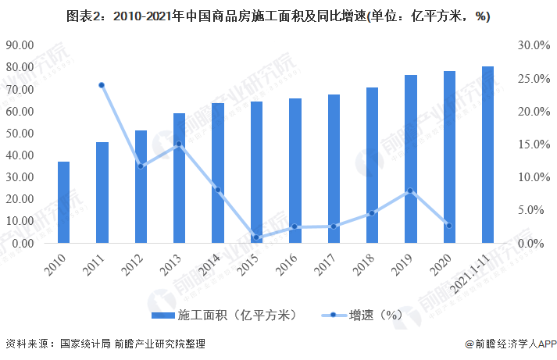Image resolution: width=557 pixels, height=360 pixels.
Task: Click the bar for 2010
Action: pos(63,202)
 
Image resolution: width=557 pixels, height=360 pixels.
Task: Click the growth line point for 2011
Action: pos(102,85)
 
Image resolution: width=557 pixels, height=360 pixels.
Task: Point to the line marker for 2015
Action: pos(256,237)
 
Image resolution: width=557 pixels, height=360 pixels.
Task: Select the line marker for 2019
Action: pos(410,191)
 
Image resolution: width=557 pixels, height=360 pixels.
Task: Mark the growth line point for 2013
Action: pos(179,144)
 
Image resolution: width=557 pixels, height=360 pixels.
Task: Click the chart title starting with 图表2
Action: pos(278,16)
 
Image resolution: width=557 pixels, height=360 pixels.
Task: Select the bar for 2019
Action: pos(411,159)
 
